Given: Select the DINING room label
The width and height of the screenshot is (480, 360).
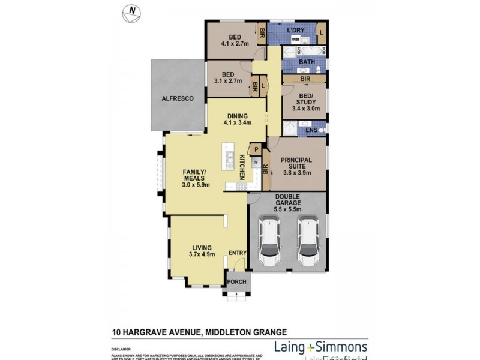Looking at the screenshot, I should (x=238, y=116).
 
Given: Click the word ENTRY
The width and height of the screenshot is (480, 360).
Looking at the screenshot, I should (x=238, y=253).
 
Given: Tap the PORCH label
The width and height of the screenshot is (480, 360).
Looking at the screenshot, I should (x=236, y=281).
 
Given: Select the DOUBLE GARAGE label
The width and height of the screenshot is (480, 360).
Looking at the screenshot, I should (x=287, y=200).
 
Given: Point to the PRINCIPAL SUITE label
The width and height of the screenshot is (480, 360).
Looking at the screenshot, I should (x=298, y=164).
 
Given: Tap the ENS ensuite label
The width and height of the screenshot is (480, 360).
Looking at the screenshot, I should (x=311, y=130).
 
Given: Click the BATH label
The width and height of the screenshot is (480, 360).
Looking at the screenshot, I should (x=307, y=62).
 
